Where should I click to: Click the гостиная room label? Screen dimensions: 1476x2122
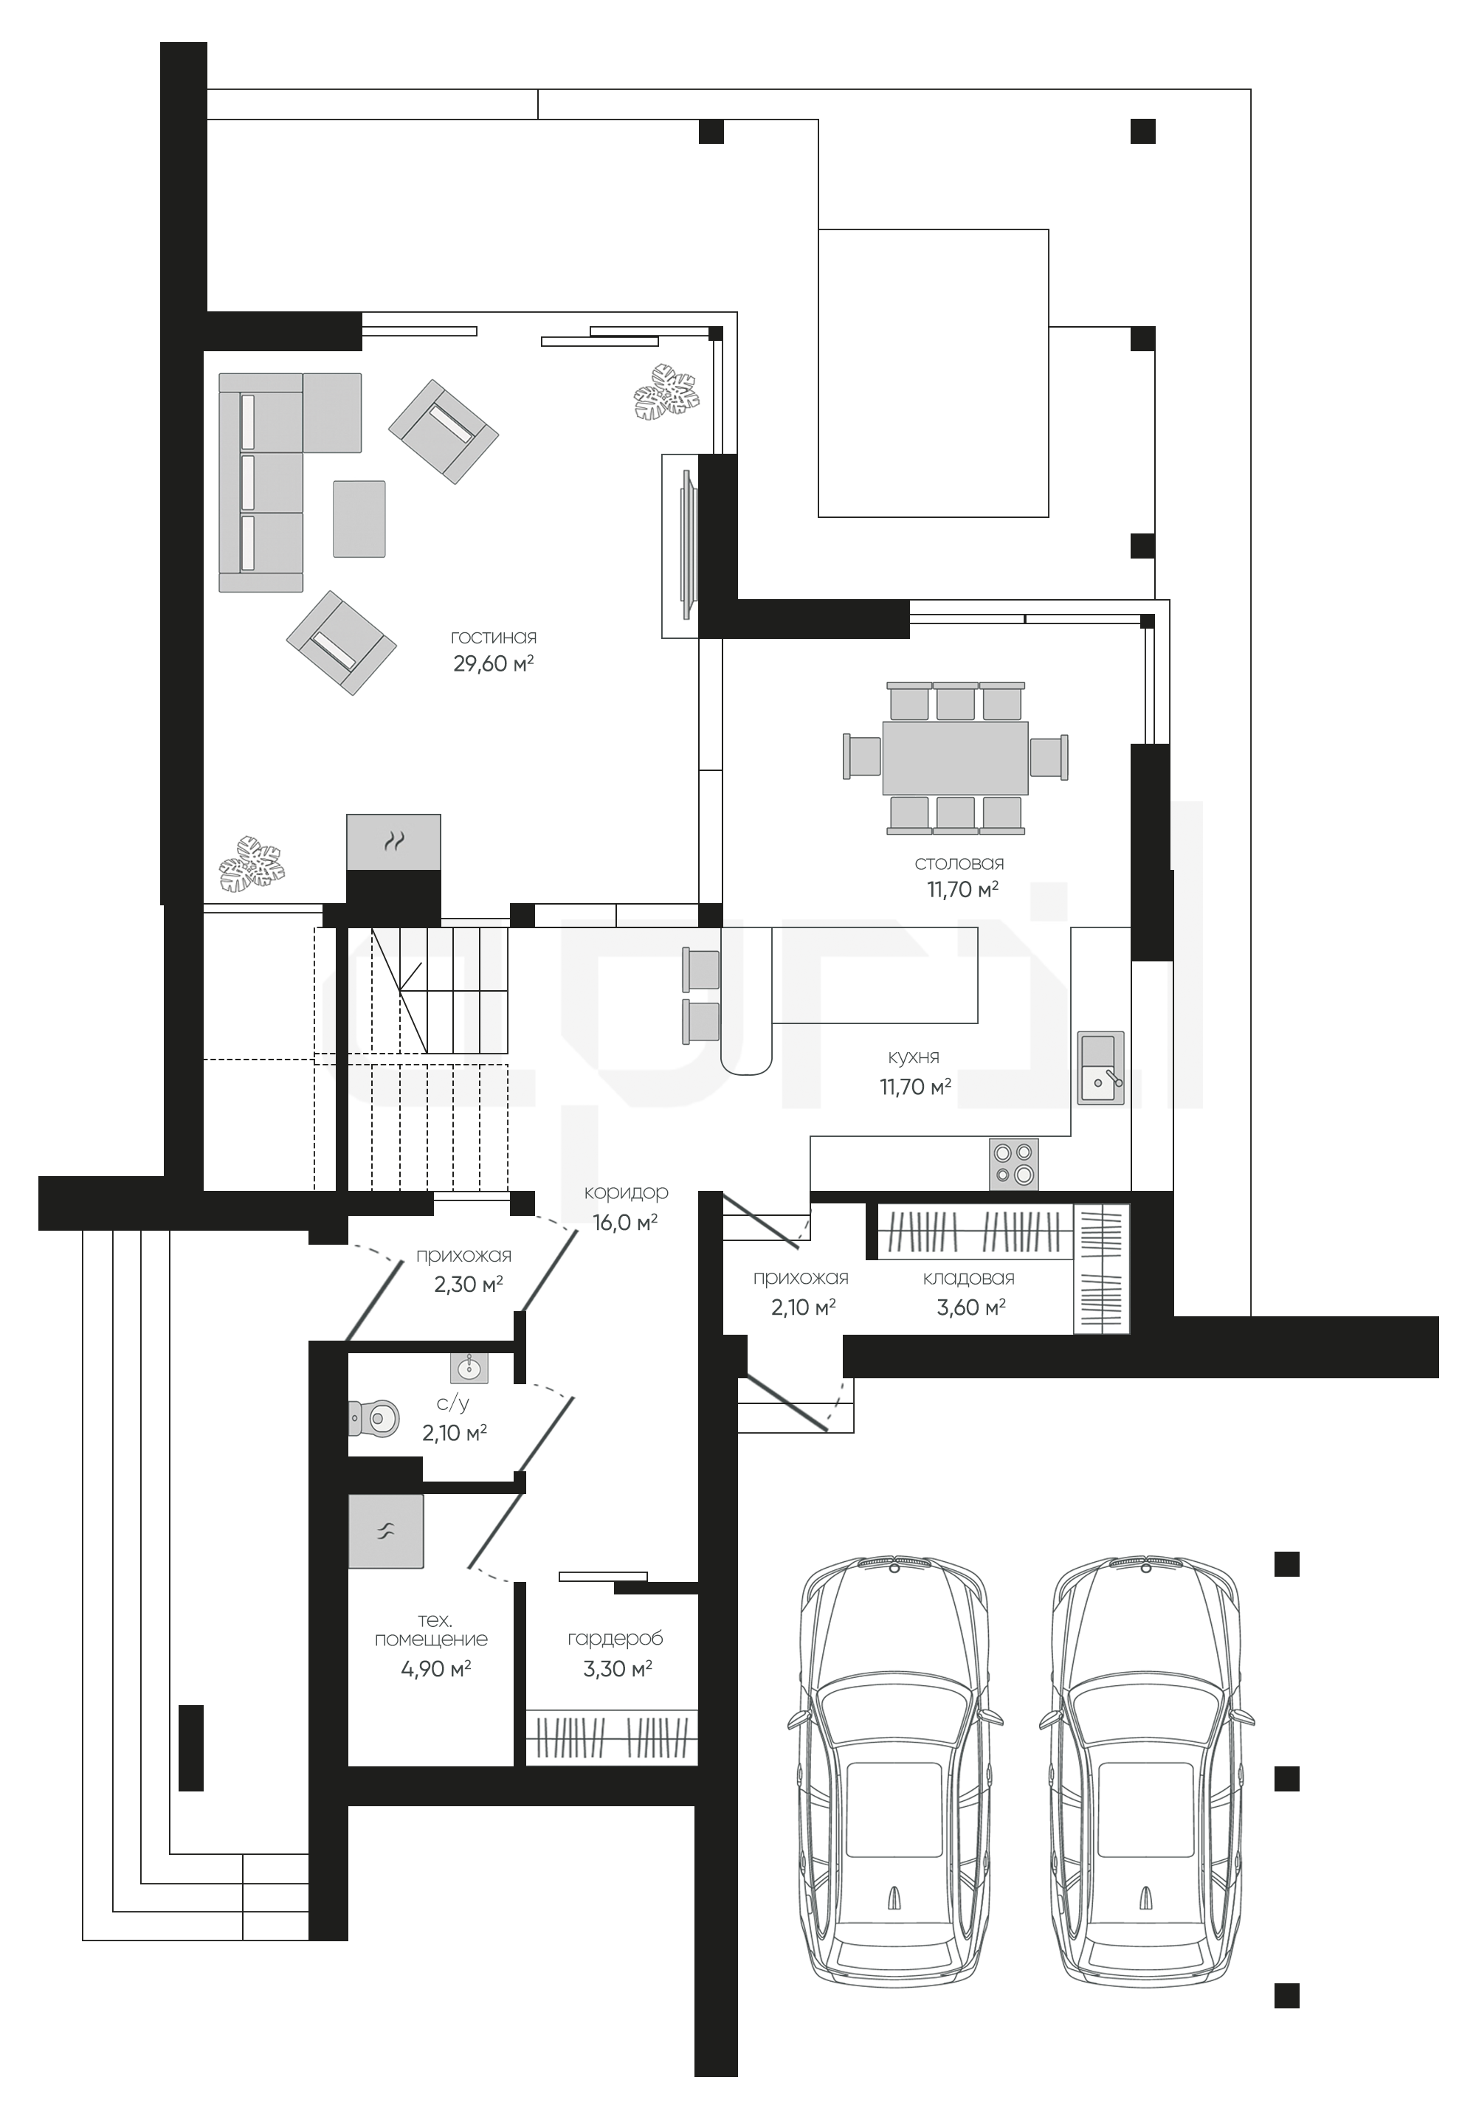coord(494,637)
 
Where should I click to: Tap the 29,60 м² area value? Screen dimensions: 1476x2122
coord(494,663)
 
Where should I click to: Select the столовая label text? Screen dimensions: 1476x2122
coord(959,863)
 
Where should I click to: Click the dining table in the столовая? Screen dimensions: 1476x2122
coord(956,758)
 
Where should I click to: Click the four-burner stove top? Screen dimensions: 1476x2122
coord(1014,1164)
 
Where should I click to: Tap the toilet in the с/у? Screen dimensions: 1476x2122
coord(373,1416)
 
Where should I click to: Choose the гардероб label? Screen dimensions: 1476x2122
coord(615,1639)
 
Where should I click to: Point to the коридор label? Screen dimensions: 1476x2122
coord(626,1193)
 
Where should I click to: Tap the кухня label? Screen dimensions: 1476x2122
coord(913,1057)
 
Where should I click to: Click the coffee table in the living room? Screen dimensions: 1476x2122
coord(359,519)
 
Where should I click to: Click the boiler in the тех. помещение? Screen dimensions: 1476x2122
coord(385,1530)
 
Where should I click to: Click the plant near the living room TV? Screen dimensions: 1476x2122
coord(666,394)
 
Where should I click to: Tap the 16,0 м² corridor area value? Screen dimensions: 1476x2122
coord(625,1222)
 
